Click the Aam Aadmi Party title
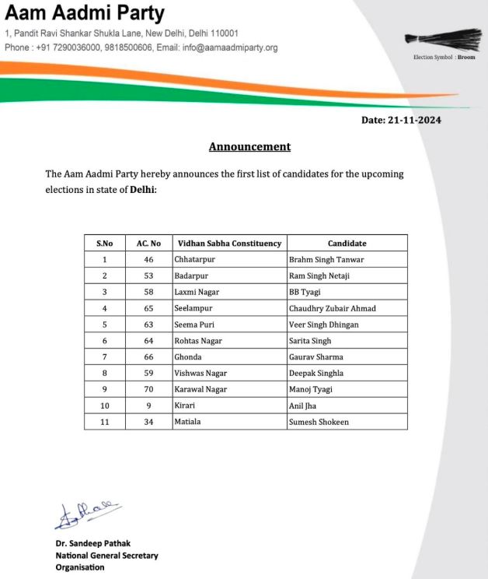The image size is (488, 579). point(85,14)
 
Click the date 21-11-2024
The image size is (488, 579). point(401,120)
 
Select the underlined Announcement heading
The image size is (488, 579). point(249,146)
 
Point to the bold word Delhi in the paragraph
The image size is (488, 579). point(142,189)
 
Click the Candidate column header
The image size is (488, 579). point(347,244)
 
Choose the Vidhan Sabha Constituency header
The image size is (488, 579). point(229,244)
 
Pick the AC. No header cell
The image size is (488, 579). point(148,244)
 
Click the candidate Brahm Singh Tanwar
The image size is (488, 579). point(326,260)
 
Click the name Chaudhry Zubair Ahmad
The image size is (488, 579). point(332,308)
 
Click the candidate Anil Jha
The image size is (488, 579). point(304,405)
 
